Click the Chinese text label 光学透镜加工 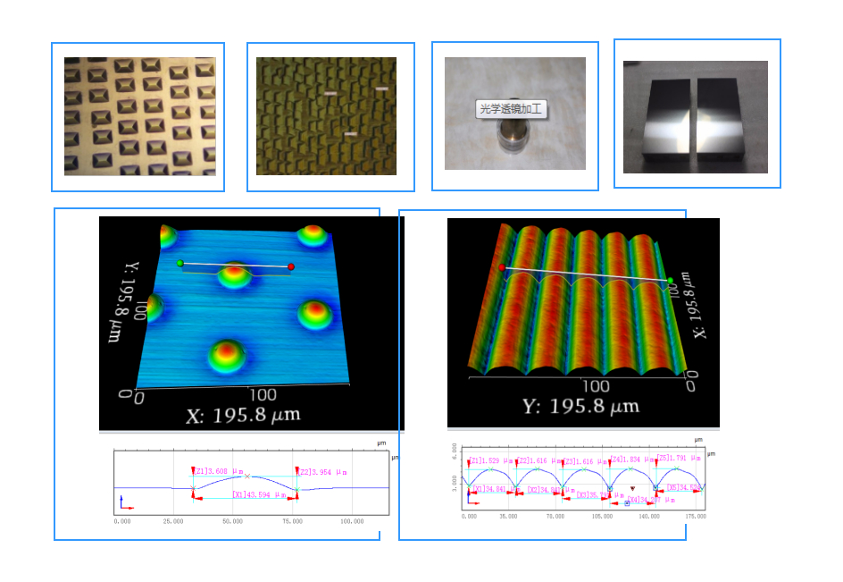[512, 110]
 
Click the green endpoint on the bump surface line [180, 263]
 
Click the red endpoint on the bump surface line [291, 266]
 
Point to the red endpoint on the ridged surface [502, 267]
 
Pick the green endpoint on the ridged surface [670, 281]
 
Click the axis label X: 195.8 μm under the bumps [242, 415]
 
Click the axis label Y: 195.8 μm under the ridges [580, 407]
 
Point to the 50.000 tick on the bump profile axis [233, 520]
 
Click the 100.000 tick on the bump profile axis [351, 520]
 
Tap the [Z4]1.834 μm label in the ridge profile [627, 460]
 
